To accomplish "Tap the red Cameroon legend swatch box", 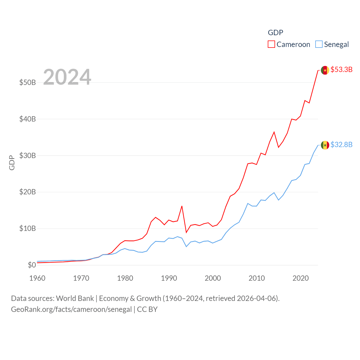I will (x=271, y=44).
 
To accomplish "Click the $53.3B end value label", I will (x=341, y=69).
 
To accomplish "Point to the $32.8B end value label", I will (x=341, y=145).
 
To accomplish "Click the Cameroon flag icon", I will (x=325, y=70).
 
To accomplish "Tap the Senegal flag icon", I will (x=325, y=145).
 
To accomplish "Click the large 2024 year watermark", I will (x=67, y=77).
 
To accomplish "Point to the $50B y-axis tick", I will (x=28, y=82).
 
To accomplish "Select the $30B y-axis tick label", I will (x=28, y=156).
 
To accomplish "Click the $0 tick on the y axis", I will (x=32, y=265).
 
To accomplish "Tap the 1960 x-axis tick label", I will (x=37, y=278).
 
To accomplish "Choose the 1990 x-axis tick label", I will (x=169, y=278).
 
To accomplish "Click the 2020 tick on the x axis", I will (x=301, y=278).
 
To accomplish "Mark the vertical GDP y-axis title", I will (x=12, y=163).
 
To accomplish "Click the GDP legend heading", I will (x=275, y=33).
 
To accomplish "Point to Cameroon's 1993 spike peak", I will (x=182, y=206).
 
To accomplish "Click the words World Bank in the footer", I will (x=75, y=298).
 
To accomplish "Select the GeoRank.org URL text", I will (x=71, y=309).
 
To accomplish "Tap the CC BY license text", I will (x=147, y=309).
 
